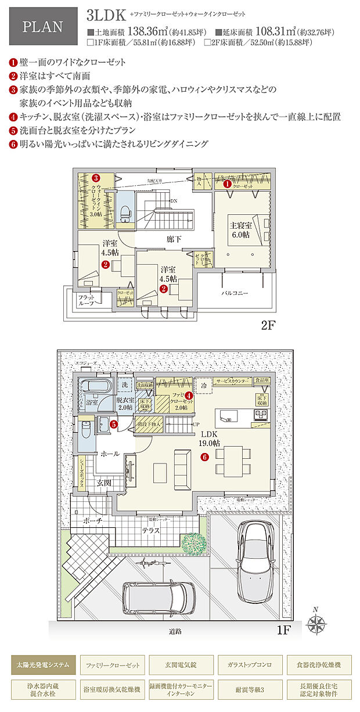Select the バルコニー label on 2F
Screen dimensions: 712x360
coord(236,294)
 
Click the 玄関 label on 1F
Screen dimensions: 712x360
coord(105,483)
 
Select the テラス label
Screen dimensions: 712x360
coord(153,530)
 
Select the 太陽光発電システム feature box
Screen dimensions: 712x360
coord(44,664)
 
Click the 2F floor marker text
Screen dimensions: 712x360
coord(268,325)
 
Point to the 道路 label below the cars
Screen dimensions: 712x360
coord(175,631)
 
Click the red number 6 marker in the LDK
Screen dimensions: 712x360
coord(204,457)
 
